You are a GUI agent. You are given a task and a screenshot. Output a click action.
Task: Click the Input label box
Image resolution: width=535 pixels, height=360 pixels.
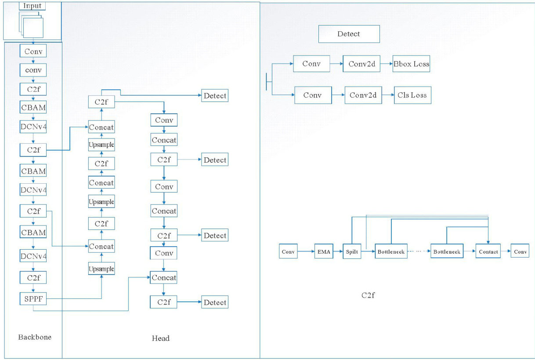(33, 6)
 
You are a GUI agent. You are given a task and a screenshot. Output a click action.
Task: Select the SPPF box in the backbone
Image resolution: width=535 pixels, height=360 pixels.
(33, 299)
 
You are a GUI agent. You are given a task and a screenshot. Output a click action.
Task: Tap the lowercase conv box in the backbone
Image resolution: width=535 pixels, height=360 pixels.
(33, 70)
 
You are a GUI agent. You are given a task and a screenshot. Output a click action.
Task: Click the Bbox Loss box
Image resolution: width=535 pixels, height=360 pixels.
(412, 64)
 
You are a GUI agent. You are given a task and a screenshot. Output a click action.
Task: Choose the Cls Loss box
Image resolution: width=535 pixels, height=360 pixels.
(412, 95)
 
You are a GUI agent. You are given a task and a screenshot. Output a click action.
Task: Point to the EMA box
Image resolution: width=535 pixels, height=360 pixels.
(324, 252)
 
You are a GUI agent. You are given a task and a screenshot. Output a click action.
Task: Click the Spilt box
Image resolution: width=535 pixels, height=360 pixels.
(352, 252)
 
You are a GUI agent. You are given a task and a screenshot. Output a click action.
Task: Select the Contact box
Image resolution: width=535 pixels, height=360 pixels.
(488, 252)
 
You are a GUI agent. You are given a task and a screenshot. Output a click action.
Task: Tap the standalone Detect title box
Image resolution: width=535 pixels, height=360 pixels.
(349, 34)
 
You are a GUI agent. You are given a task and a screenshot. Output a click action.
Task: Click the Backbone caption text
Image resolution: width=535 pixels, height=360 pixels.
(35, 337)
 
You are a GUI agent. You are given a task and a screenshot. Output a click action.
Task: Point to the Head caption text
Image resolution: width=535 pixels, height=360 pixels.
(160, 338)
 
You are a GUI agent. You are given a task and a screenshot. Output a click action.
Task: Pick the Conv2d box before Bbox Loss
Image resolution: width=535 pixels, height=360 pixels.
(361, 64)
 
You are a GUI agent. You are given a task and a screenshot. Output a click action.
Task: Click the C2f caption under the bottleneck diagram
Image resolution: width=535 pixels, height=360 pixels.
(368, 295)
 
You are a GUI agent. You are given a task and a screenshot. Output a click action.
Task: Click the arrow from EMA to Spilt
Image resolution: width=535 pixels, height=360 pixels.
(338, 252)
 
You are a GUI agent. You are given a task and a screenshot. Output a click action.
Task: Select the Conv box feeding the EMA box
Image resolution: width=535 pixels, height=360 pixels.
(288, 252)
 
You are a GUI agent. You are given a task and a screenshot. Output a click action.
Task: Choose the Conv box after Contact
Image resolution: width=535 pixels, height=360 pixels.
(520, 252)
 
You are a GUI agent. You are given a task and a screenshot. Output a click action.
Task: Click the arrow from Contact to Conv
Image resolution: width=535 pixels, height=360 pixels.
(506, 252)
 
